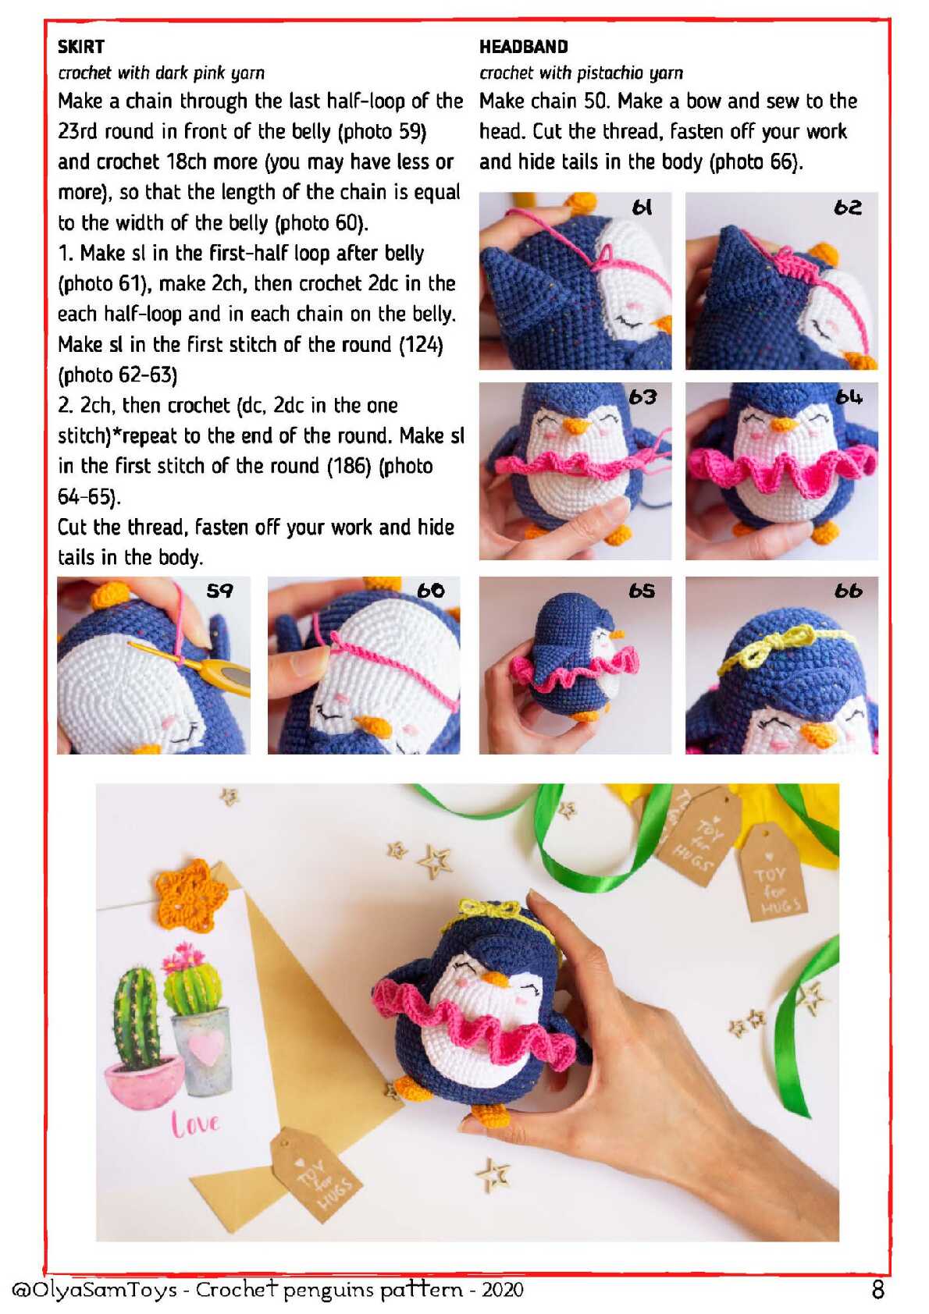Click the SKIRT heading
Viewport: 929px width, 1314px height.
[81, 46]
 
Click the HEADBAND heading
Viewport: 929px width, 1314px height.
[524, 46]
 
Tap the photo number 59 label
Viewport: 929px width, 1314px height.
[219, 591]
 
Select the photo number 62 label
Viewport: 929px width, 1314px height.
[848, 207]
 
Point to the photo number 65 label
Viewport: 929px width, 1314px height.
[642, 591]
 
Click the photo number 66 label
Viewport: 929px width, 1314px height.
[849, 591]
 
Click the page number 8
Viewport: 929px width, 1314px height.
[878, 1290]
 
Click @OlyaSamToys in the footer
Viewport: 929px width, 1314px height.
[94, 1290]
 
